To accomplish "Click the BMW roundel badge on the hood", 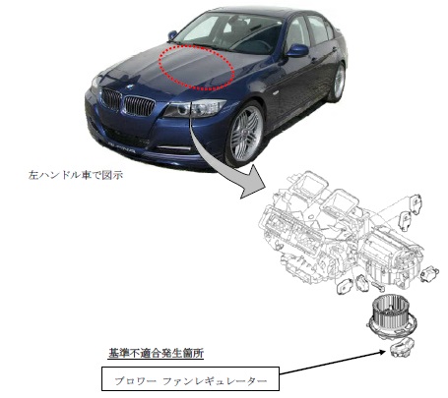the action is [130, 86].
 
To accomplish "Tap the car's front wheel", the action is [245, 134].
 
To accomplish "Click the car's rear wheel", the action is [338, 82].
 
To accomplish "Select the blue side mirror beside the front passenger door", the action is [297, 50].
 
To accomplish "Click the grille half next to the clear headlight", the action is [139, 105].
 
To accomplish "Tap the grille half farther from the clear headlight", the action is [111, 98].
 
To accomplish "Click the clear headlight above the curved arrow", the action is [195, 108].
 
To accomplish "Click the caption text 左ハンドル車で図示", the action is [76, 175].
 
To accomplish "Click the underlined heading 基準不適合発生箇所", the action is [156, 353].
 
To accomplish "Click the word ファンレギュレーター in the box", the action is [215, 381].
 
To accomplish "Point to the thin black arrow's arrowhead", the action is [382, 352].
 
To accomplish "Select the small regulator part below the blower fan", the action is [402, 348].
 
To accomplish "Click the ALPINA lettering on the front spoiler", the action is [122, 147].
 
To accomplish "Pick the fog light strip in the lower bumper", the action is [174, 148].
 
